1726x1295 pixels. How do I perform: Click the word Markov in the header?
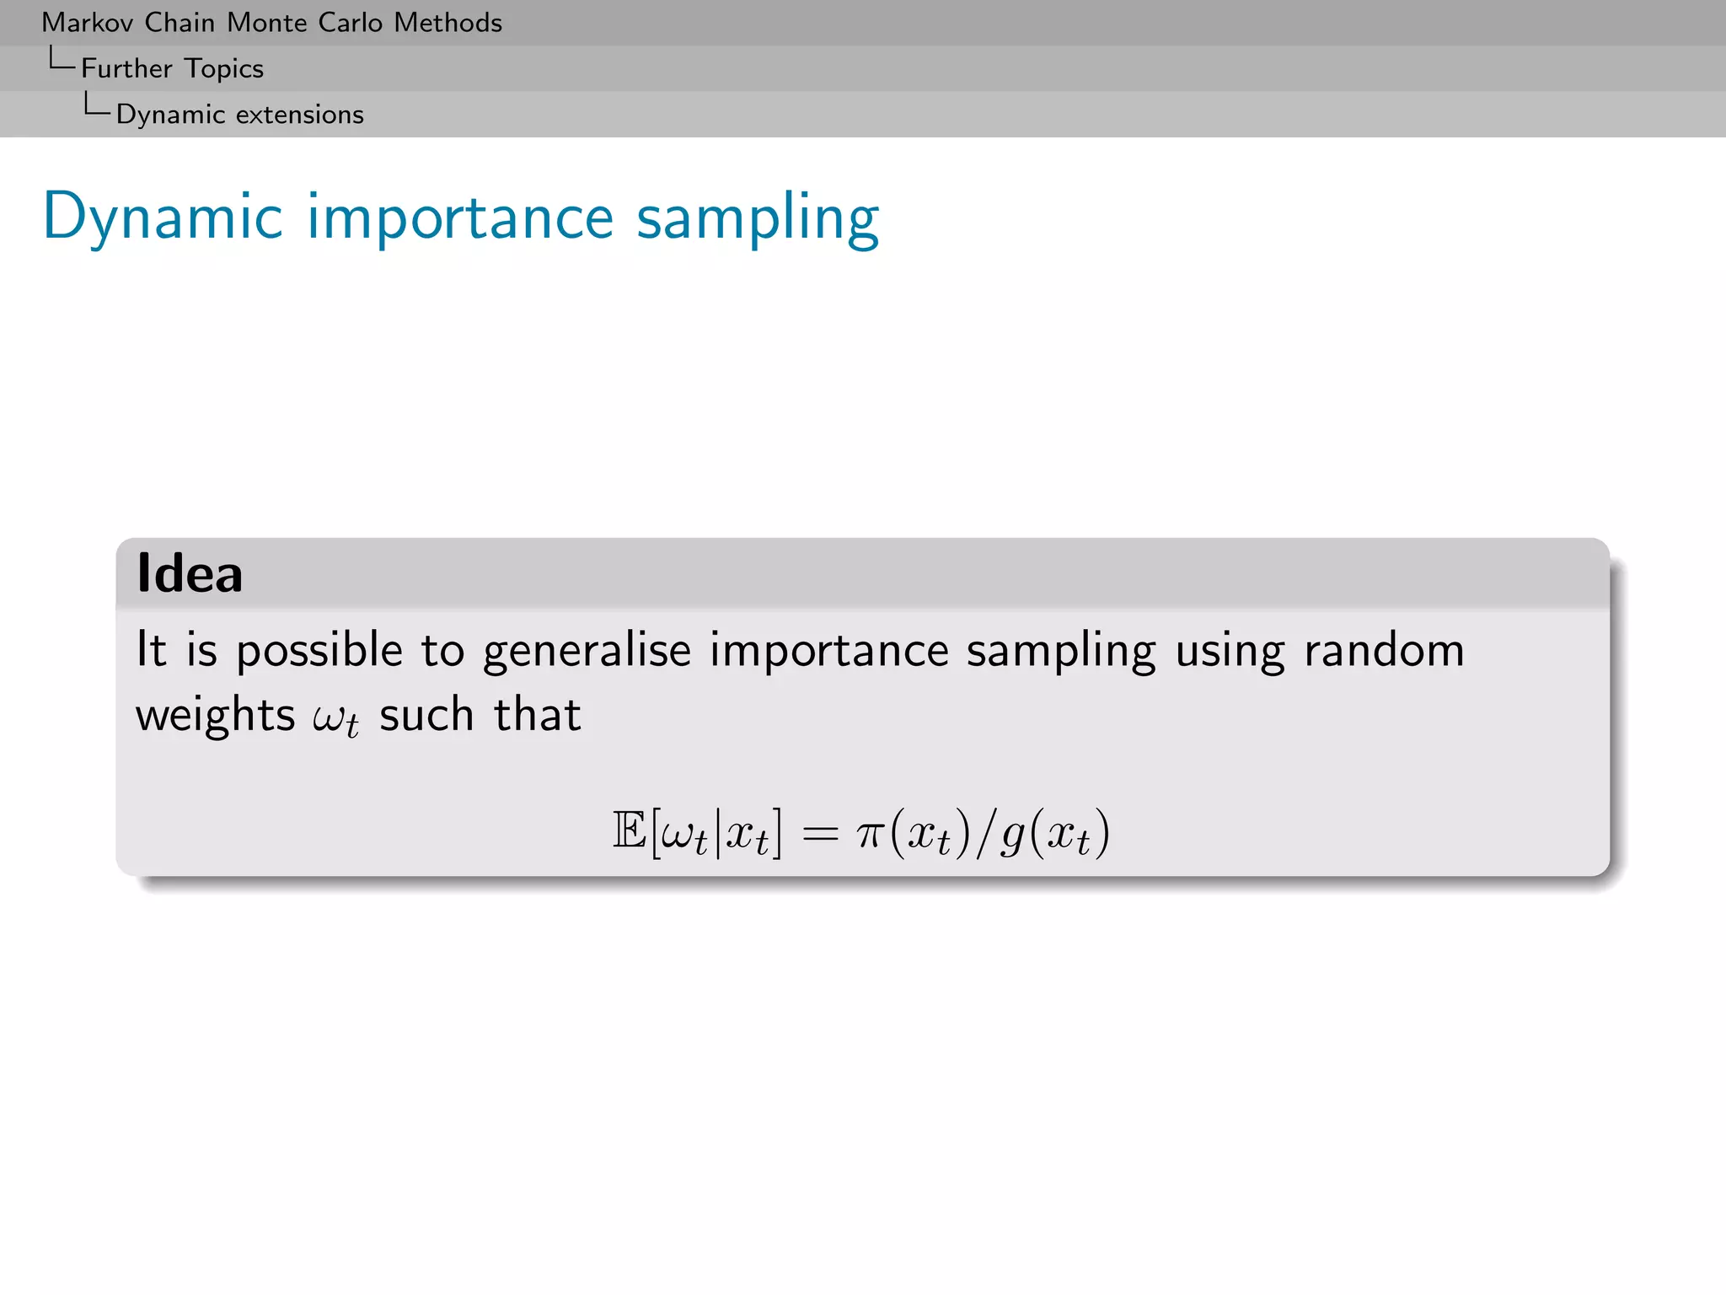coord(88,23)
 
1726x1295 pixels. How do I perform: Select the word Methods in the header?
coord(448,23)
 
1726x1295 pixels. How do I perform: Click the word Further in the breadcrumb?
coord(126,68)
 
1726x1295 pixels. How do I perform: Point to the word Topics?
coord(224,69)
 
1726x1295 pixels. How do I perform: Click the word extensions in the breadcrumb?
coord(299,115)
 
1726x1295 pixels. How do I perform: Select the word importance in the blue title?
coord(460,218)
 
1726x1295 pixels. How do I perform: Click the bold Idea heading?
coord(190,573)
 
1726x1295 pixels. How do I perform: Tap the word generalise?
coord(587,652)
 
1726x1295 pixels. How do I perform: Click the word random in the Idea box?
coord(1384,650)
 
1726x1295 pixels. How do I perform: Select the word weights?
coord(215,716)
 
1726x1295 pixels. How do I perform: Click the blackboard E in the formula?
coord(629,831)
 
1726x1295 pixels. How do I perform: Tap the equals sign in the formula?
coord(820,833)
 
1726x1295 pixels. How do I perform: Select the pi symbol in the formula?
coord(870,833)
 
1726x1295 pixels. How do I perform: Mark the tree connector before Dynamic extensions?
coord(96,105)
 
